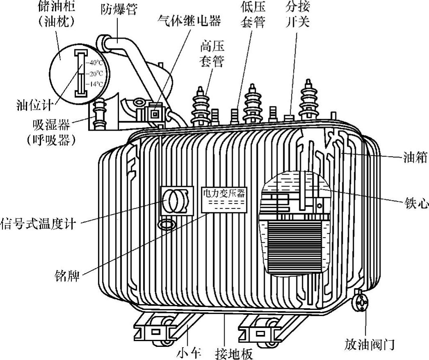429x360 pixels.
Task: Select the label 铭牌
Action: tap(67, 274)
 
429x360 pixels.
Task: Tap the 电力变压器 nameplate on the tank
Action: tap(224, 193)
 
